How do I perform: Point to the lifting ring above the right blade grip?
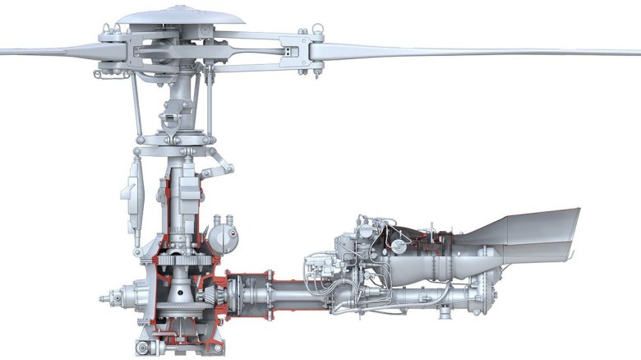pyautogui.click(x=313, y=35)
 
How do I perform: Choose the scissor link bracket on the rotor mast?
pyautogui.click(x=173, y=123)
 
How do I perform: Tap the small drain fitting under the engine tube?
pyautogui.click(x=444, y=312)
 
